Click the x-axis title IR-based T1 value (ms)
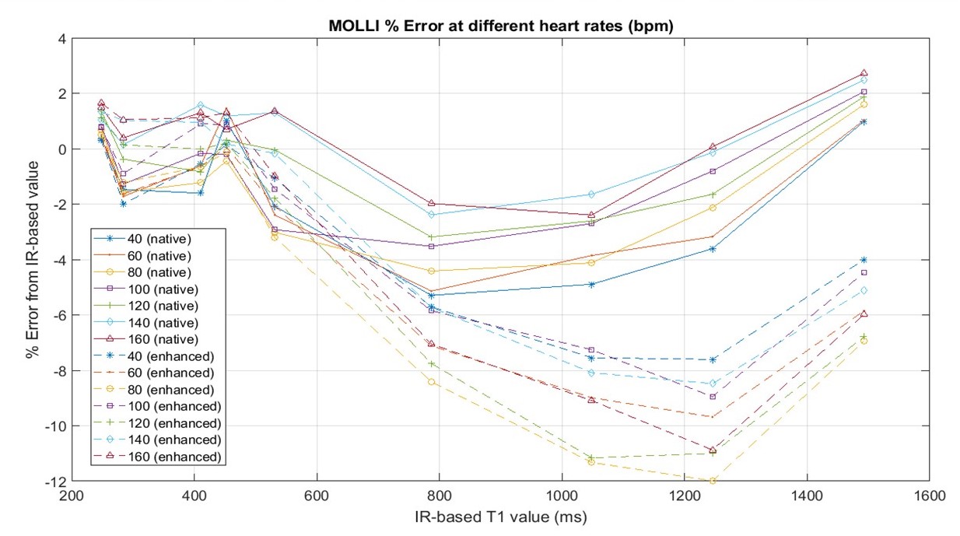[501, 517]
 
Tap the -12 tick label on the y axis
[57, 482]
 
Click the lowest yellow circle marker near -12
[712, 481]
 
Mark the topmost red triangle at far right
[864, 73]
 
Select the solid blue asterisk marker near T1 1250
[712, 248]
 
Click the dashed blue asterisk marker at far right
[864, 260]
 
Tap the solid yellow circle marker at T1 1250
[712, 207]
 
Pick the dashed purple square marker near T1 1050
[591, 350]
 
